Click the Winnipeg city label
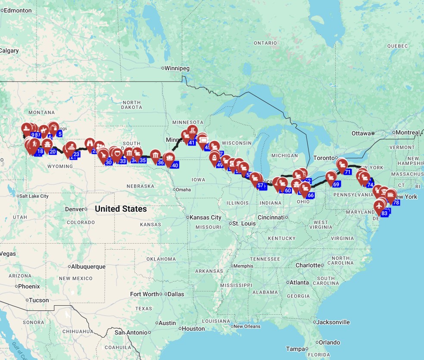(x=178, y=68)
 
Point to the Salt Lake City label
(x=34, y=196)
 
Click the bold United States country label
(x=121, y=209)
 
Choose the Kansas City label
(x=205, y=217)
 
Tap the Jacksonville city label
(x=334, y=322)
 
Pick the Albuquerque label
(x=88, y=266)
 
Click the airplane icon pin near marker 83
(x=379, y=206)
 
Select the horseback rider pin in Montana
(x=44, y=130)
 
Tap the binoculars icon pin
(x=90, y=143)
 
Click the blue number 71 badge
(x=347, y=172)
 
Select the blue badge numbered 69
(x=337, y=184)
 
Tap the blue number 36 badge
(x=161, y=163)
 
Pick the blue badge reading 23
(x=76, y=154)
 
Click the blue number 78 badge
(x=396, y=202)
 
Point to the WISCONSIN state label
(x=237, y=143)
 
